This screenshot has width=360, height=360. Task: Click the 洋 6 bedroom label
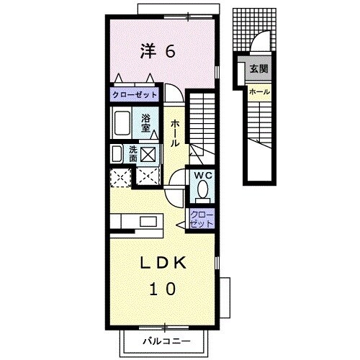pyautogui.click(x=158, y=51)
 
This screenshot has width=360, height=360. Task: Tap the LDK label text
pyautogui.click(x=163, y=263)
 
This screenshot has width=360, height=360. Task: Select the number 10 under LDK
pyautogui.click(x=163, y=289)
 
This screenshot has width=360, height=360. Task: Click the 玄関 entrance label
pyautogui.click(x=259, y=69)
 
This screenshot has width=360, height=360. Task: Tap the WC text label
pyautogui.click(x=203, y=176)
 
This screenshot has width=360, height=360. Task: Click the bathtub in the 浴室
pyautogui.click(x=122, y=122)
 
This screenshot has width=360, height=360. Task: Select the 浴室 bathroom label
pyautogui.click(x=145, y=123)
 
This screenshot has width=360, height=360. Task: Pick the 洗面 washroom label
pyautogui.click(x=133, y=154)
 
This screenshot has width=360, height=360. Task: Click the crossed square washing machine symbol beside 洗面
pyautogui.click(x=148, y=154)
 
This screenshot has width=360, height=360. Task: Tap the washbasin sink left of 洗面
pyautogui.click(x=117, y=154)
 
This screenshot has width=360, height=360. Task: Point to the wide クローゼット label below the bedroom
pyautogui.click(x=135, y=95)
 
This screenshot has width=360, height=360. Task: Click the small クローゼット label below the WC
pyautogui.click(x=202, y=220)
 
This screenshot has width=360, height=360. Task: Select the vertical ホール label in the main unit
pyautogui.click(x=175, y=133)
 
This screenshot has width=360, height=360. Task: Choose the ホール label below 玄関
pyautogui.click(x=260, y=91)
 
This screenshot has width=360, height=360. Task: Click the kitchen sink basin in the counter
pyautogui.click(x=148, y=222)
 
